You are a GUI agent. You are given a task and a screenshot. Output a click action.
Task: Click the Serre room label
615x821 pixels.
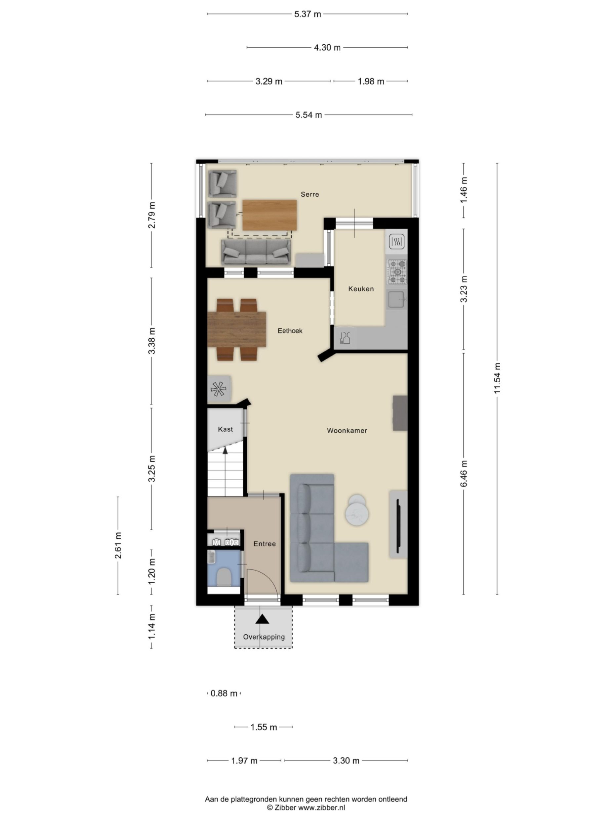(309, 194)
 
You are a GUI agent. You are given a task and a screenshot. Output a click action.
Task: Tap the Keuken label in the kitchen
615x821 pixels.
(361, 289)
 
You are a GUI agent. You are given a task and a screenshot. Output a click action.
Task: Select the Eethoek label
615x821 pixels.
(290, 331)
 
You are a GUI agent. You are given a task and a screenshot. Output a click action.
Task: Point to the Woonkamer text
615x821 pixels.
(347, 431)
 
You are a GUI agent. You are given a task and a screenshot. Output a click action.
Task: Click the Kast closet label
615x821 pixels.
(225, 429)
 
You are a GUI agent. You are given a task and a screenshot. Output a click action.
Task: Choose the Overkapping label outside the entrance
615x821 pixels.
(264, 637)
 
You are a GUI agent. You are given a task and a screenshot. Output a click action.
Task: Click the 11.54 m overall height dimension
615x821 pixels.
(497, 378)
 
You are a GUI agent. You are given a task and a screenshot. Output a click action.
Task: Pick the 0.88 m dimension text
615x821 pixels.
(224, 693)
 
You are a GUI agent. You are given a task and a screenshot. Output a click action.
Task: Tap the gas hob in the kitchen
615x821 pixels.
(397, 272)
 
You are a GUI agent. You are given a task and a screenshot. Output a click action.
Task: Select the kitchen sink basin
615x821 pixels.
(396, 300)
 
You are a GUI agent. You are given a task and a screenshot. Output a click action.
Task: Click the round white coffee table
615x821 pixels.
(357, 511)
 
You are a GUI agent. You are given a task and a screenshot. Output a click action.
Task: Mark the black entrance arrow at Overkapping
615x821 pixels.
(263, 619)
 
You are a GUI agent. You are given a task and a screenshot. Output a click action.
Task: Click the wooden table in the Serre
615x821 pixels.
(269, 215)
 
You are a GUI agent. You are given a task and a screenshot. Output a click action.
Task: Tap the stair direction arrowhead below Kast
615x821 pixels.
(225, 451)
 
